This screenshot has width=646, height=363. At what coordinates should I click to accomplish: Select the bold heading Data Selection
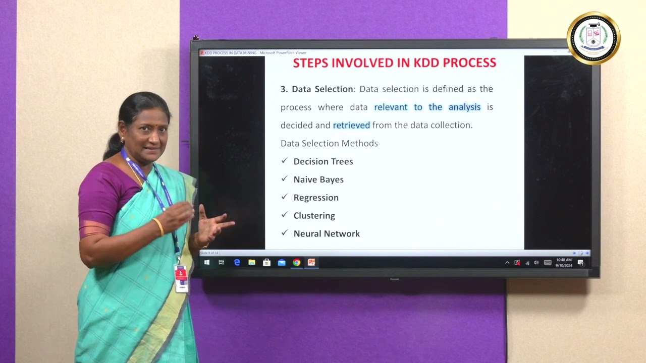322,89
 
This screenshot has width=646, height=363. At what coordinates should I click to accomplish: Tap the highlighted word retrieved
351,125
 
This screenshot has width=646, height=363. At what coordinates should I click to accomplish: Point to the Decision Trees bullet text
323,161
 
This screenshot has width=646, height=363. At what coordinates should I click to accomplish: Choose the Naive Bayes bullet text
318,179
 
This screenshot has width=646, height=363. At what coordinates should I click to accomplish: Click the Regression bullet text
316,198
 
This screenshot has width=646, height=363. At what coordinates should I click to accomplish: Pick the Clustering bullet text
314,216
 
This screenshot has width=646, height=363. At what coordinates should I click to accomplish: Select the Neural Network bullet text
327,234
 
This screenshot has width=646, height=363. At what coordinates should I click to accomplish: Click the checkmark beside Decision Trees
284,161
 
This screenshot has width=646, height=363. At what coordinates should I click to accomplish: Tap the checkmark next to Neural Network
284,233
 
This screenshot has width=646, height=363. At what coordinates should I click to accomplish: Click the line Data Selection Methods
329,143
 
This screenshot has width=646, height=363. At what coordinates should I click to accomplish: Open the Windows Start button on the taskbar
207,262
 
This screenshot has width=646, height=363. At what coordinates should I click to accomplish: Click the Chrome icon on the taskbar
296,262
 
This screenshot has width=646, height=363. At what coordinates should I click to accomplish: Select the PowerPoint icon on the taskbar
311,262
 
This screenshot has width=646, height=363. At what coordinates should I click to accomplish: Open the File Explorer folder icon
251,262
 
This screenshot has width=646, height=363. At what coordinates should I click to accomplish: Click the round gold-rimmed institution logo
594,38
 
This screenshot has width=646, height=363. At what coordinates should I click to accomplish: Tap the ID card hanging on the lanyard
181,278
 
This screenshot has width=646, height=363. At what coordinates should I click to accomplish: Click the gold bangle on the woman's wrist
158,227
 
